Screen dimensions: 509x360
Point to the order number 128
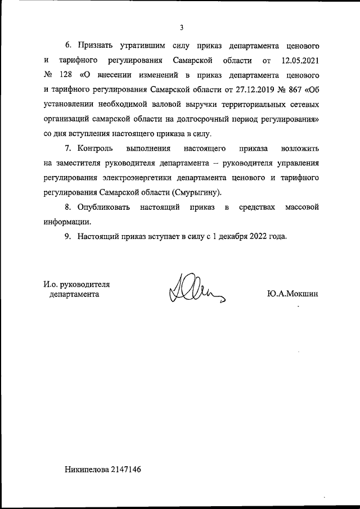click(65, 74)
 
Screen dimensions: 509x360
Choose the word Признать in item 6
click(98, 44)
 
